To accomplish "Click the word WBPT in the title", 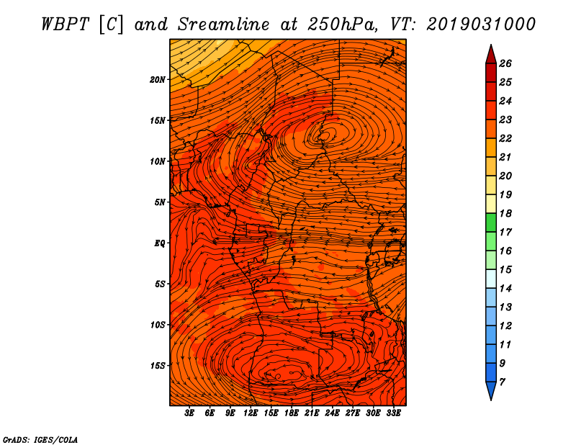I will (65, 24).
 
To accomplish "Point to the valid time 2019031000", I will (481, 24).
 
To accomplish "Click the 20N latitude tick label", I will (158, 79).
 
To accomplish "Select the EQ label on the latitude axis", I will (160, 243).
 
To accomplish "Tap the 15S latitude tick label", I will (158, 365).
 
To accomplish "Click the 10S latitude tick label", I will (158, 325).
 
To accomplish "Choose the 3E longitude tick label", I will (190, 413).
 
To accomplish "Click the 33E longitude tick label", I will (394, 413).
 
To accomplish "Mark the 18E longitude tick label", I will (292, 413).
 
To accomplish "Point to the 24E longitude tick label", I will (333, 413).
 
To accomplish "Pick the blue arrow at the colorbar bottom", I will (490, 391).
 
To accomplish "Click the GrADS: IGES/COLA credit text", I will (40, 439).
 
